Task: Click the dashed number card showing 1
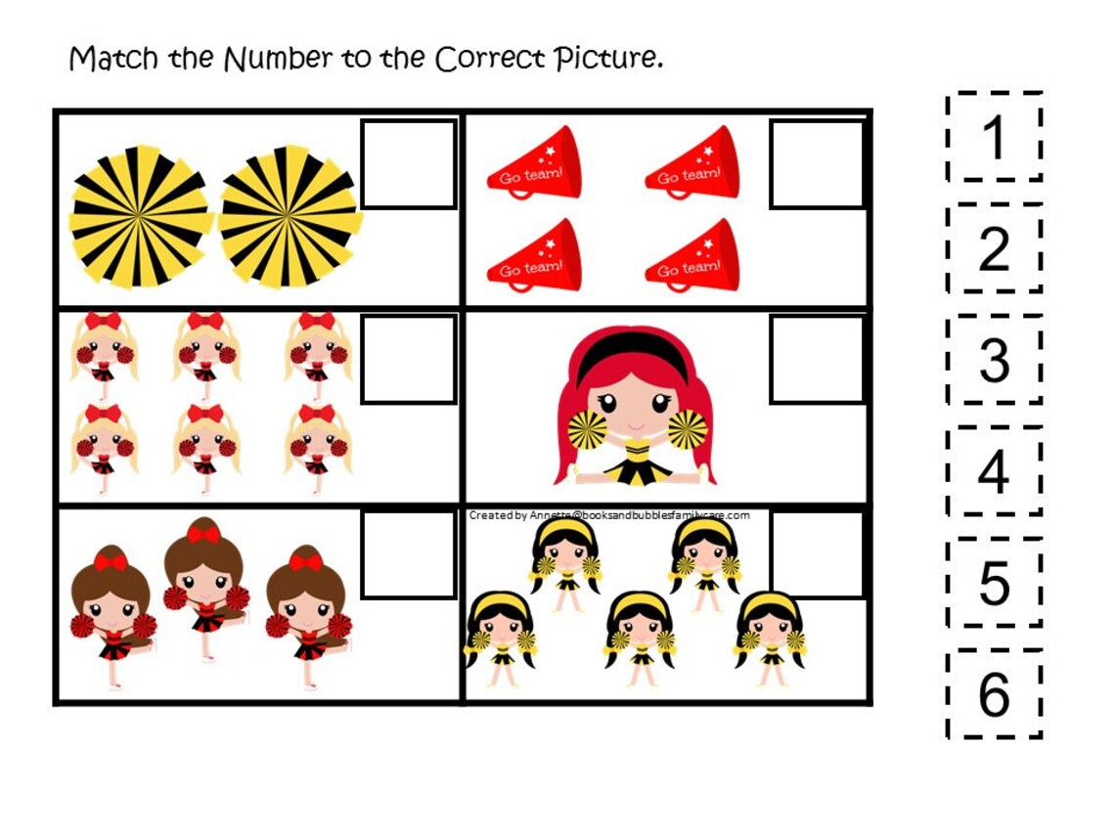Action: click(994, 137)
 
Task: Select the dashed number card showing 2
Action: click(994, 248)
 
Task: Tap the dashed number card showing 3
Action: click(994, 360)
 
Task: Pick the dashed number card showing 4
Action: click(994, 471)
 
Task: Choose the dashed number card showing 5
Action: click(994, 583)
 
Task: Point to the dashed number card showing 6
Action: click(994, 694)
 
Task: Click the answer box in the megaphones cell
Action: click(817, 164)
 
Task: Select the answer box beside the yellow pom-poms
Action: click(409, 164)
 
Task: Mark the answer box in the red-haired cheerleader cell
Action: click(817, 359)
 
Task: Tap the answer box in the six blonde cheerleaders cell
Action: click(409, 359)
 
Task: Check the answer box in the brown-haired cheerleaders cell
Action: click(409, 554)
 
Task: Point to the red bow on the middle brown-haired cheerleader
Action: click(203, 534)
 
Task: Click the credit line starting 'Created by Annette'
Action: click(608, 515)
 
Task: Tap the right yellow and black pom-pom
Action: click(289, 217)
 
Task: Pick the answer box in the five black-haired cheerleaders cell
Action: click(817, 554)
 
